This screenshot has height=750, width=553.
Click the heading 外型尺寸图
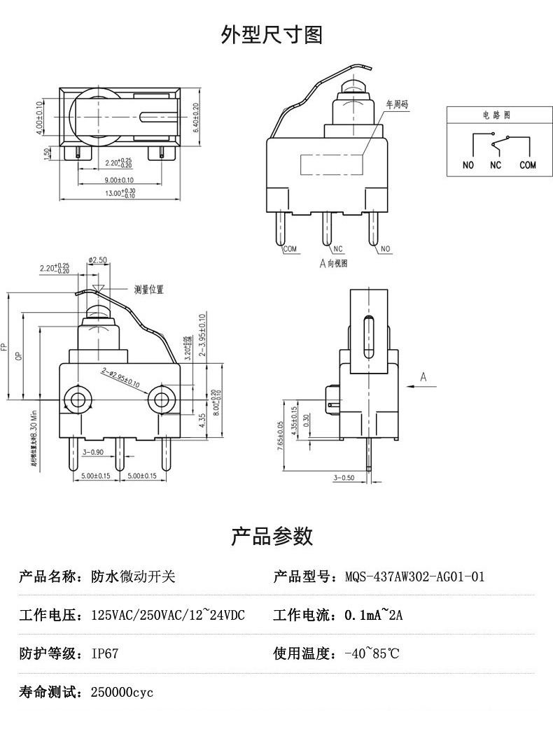coord(272,34)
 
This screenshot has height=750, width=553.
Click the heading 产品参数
coord(272,537)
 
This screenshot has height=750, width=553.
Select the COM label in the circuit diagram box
coord(527,165)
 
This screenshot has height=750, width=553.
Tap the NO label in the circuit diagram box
coord(468,165)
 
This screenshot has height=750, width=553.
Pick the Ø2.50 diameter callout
coord(97,260)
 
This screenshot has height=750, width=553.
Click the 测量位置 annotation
coord(149,289)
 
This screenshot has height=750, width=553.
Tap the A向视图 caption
coord(333,263)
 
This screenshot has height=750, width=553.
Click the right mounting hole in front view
coord(162,400)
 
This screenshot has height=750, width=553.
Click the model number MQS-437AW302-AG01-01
coord(414,577)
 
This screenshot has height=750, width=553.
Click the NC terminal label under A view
coord(337,248)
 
